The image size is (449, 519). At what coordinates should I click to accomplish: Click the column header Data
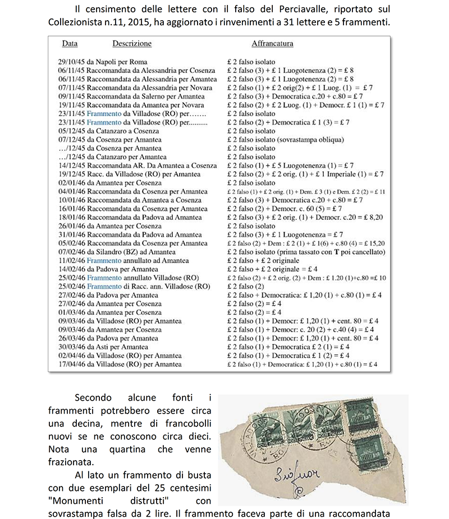(x=70, y=43)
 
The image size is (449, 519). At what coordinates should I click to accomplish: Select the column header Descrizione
(x=132, y=43)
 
